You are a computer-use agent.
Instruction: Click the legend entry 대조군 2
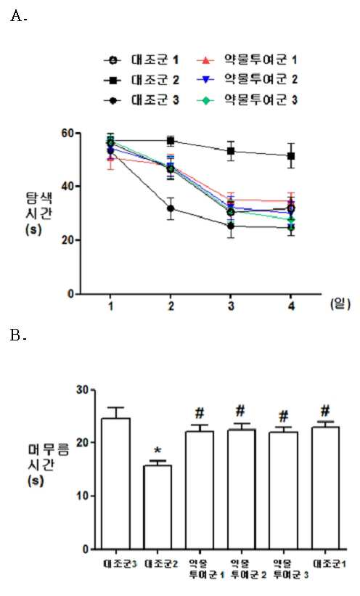click(x=142, y=80)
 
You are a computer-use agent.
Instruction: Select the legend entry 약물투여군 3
click(x=247, y=100)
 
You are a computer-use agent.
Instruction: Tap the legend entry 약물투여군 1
click(x=247, y=60)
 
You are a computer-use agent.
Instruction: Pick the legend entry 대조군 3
click(x=142, y=100)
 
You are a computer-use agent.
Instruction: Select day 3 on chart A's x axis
click(x=231, y=306)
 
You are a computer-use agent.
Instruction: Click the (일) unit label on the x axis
click(x=340, y=304)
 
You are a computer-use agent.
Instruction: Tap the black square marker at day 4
click(x=291, y=156)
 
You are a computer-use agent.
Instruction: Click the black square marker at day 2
click(x=171, y=141)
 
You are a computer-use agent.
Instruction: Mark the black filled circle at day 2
click(x=171, y=208)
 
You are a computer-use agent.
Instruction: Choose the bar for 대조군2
click(x=157, y=507)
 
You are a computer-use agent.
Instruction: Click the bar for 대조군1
click(x=325, y=488)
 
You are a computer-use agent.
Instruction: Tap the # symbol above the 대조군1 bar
click(x=325, y=411)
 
